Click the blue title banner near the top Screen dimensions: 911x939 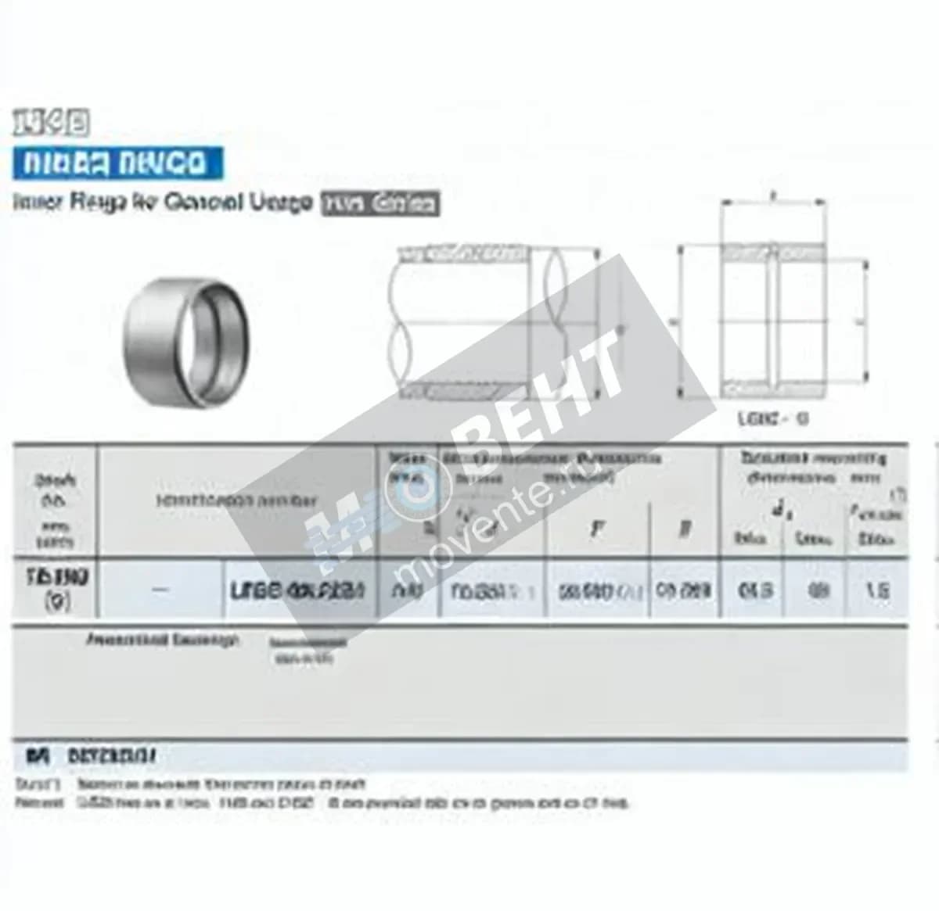tap(117, 163)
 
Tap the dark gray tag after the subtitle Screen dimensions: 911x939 tap(380, 204)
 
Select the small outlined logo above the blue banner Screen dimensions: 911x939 tap(50, 122)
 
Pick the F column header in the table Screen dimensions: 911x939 tap(596, 529)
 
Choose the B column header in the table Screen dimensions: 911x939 tap(685, 529)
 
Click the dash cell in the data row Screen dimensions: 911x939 tap(160, 590)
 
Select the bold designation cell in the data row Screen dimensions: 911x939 tap(298, 590)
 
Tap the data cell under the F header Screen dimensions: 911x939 tap(596, 590)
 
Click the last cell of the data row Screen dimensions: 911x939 tap(877, 590)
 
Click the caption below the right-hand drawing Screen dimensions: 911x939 tap(772, 418)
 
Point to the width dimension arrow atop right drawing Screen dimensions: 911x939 tap(773, 202)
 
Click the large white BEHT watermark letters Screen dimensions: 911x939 tap(548, 391)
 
